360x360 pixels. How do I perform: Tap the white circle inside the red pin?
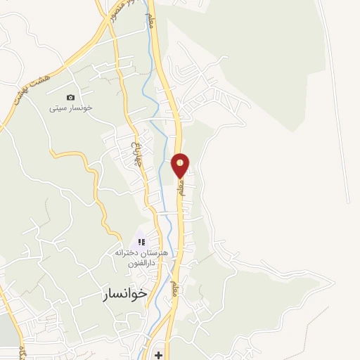181,162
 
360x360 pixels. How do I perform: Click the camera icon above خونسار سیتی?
70,97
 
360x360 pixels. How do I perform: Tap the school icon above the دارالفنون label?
141,242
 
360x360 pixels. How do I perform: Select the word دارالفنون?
141,262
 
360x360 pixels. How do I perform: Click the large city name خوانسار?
119,293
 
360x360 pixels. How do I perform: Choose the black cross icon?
158,355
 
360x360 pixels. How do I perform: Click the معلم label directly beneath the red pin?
181,188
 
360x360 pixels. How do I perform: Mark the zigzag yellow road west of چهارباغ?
95,186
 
